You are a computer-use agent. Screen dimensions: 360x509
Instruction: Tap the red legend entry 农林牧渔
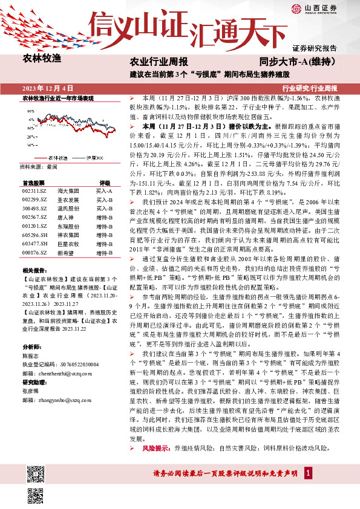click(57, 157)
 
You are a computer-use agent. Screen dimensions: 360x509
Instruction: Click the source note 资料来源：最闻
click(38, 166)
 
